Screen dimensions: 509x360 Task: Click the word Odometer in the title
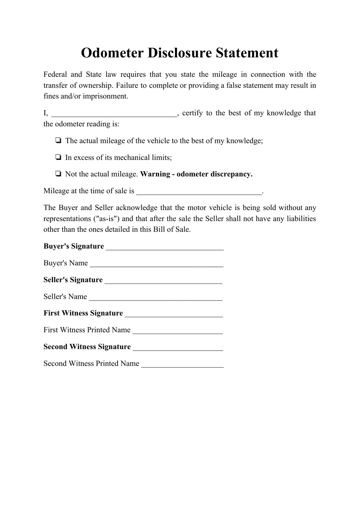tap(112, 53)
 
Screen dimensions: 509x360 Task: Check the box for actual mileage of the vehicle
tap(58, 141)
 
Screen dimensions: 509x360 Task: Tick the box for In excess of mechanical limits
tap(58, 157)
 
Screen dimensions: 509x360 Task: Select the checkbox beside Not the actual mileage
tap(58, 174)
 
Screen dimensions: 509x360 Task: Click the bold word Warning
tap(155, 174)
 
